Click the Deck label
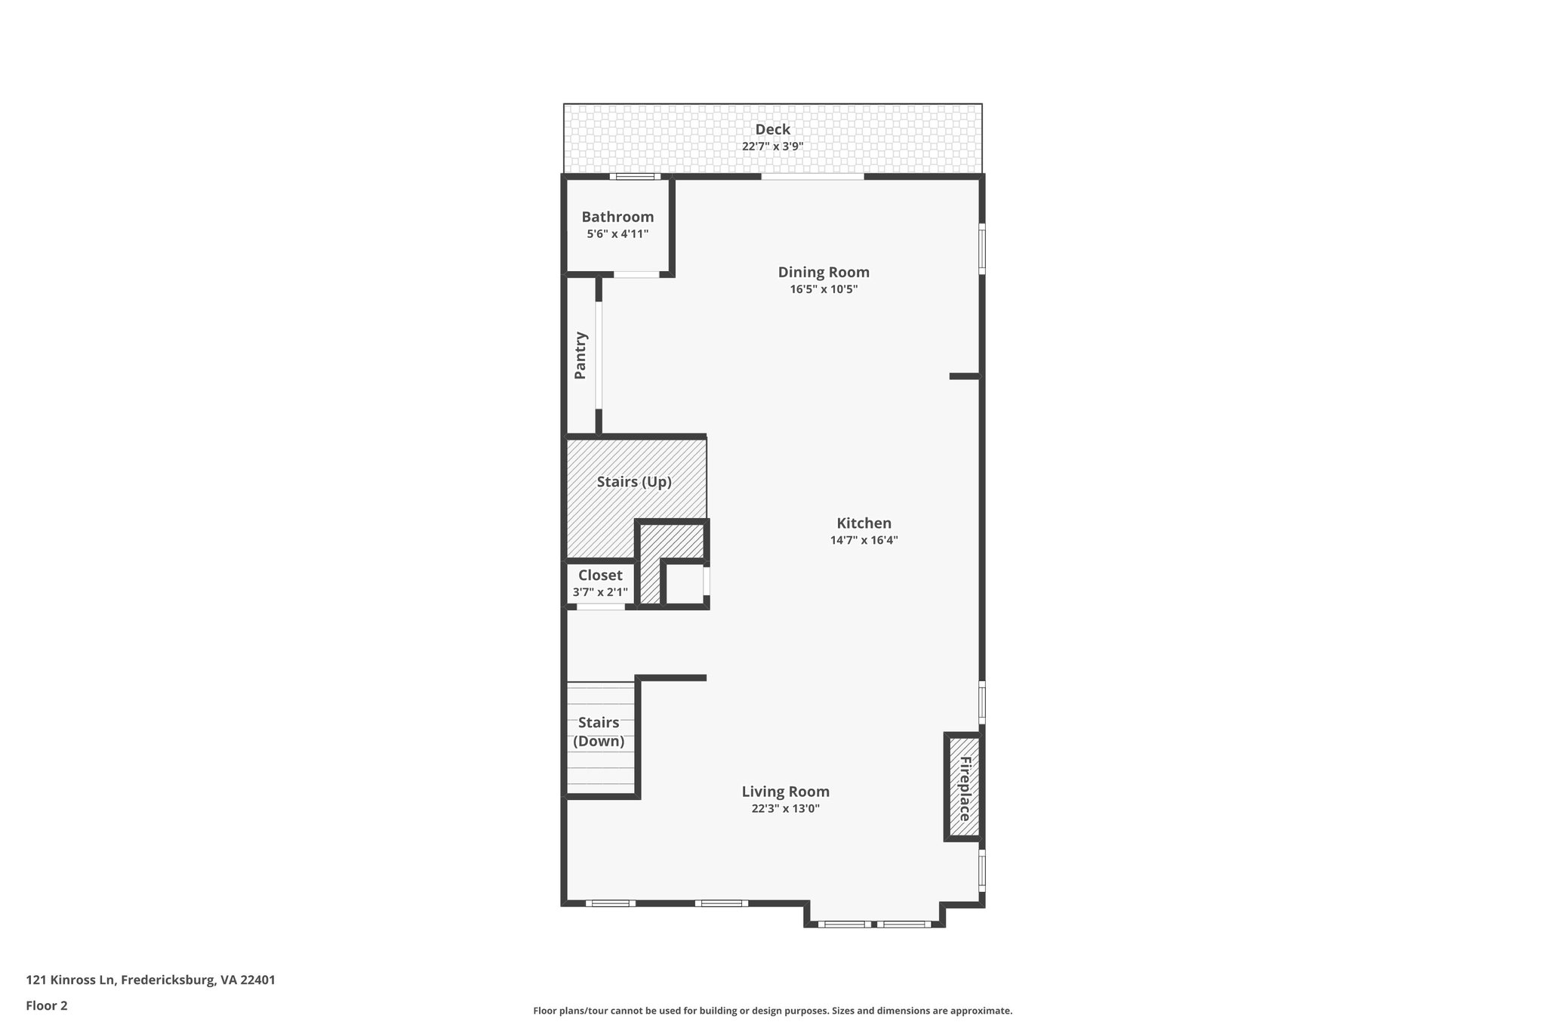[772, 129]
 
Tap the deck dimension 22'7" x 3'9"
[772, 147]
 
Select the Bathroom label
[617, 217]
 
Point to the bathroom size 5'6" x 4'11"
[617, 234]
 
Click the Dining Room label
[824, 272]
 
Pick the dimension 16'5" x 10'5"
[824, 289]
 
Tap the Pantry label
[581, 355]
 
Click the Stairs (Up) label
[634, 482]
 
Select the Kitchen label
[864, 523]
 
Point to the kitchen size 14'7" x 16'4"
[864, 540]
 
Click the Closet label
[600, 576]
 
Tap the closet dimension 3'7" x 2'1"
[600, 593]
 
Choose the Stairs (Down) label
[599, 732]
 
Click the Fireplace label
[965, 789]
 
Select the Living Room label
[785, 792]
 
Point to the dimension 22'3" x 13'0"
[785, 809]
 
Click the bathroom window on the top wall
[635, 177]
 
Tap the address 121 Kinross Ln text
[150, 980]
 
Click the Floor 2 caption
[47, 1005]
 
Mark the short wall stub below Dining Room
[964, 375]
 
